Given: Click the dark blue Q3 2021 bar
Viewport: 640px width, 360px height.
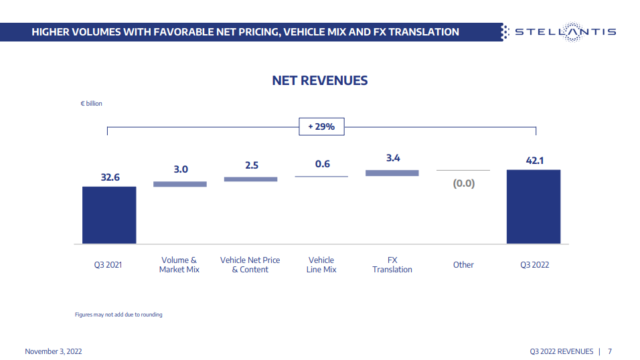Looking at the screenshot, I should point(109,215).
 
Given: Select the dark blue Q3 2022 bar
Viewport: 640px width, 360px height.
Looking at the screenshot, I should point(533,207).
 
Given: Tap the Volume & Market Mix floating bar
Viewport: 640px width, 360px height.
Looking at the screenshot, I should point(180,183).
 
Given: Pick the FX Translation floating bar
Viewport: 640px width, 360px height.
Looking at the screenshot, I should point(392,173).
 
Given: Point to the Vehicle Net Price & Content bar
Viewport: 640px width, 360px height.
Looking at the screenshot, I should point(250,179).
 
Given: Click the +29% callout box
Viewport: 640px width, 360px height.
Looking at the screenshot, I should point(321,126).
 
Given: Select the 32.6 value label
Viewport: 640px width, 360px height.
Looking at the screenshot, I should point(109,177).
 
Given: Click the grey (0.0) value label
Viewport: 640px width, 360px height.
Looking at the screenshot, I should point(463,183).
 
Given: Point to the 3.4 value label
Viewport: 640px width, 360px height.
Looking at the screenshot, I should point(393,159).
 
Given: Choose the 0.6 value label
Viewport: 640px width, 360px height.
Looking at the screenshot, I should point(322,164).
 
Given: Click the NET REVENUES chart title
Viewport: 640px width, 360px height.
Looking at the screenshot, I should point(320,80).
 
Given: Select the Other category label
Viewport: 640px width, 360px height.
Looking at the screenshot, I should point(463,265).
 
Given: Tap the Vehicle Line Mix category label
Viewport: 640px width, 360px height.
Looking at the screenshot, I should point(321,265).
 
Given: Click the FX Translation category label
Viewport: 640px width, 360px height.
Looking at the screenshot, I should point(392,265).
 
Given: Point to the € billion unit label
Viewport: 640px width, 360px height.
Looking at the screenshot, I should point(92,104).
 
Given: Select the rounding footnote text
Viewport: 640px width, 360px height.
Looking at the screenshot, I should point(118,314).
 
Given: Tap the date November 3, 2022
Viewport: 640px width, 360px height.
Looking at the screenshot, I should point(54,351).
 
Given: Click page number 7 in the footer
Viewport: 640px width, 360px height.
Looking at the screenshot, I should point(611,351).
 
